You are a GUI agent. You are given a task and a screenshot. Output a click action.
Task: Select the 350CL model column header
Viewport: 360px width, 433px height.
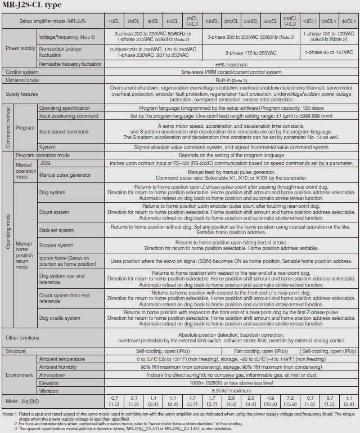[251, 21]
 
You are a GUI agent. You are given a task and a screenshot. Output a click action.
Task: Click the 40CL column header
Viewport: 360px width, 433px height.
[153, 21]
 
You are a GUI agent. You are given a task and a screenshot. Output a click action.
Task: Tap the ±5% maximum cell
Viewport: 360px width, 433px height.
[231, 64]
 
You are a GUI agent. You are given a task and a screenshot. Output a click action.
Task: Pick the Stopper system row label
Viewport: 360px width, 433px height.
[56, 245]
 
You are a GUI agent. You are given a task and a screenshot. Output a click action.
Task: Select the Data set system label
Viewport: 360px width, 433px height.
[57, 230]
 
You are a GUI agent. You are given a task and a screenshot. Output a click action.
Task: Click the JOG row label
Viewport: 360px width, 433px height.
[45, 163]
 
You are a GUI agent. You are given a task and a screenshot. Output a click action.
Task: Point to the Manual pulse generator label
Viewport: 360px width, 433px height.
[62, 175]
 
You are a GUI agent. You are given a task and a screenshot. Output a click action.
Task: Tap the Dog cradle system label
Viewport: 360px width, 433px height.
[60, 318]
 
